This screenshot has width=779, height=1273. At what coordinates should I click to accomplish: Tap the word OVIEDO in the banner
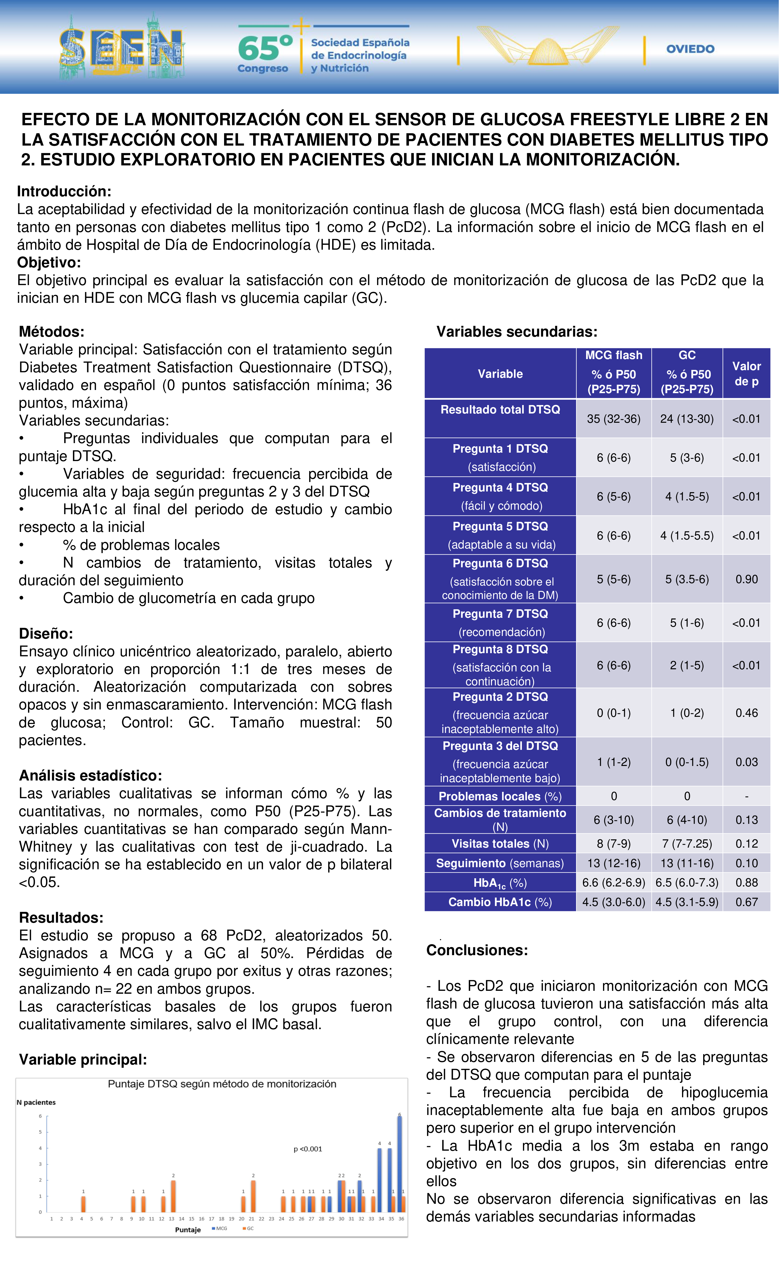click(690, 49)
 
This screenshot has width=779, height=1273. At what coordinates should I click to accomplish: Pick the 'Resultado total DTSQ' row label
click(500, 410)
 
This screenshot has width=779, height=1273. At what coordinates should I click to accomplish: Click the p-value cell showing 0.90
click(746, 579)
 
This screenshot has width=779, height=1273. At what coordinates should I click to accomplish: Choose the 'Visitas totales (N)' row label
click(500, 844)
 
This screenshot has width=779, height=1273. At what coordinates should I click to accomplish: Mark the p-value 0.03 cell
click(746, 762)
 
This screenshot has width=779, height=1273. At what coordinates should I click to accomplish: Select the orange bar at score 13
click(173, 1196)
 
